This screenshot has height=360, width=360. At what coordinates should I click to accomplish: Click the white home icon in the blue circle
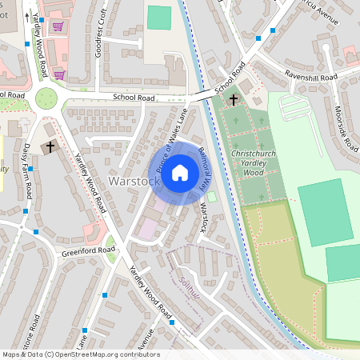tap(180, 172)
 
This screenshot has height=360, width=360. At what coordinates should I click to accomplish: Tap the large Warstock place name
tap(134, 182)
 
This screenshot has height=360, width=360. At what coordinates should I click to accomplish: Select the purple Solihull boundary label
tap(186, 294)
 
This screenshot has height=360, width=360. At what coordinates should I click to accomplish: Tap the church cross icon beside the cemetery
tap(234, 99)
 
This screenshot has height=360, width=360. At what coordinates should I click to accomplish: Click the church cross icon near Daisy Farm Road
tap(50, 147)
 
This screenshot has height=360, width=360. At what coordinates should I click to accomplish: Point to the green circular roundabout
tap(47, 98)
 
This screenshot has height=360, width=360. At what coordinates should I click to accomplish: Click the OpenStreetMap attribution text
tap(80, 354)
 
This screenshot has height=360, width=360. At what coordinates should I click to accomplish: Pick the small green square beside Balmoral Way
tap(211, 197)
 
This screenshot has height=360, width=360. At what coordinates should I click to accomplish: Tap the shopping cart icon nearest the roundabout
tap(59, 74)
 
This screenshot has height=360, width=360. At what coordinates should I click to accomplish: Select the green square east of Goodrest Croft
tap(159, 18)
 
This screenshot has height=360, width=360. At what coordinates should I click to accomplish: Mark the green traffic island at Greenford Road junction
tap(110, 243)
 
